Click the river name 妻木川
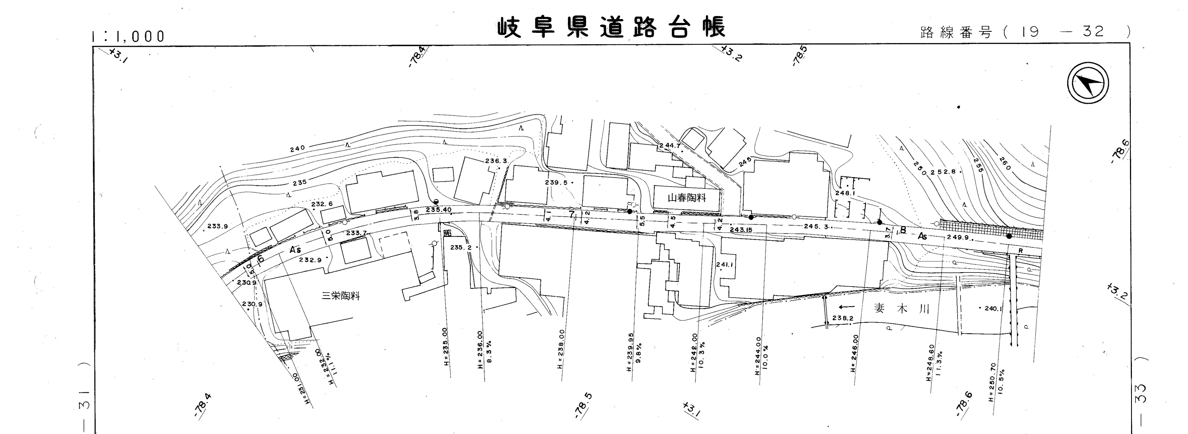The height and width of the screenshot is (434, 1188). [x=902, y=309]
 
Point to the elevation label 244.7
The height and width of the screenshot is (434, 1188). [x=670, y=145]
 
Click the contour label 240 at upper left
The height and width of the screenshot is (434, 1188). [x=297, y=149]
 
